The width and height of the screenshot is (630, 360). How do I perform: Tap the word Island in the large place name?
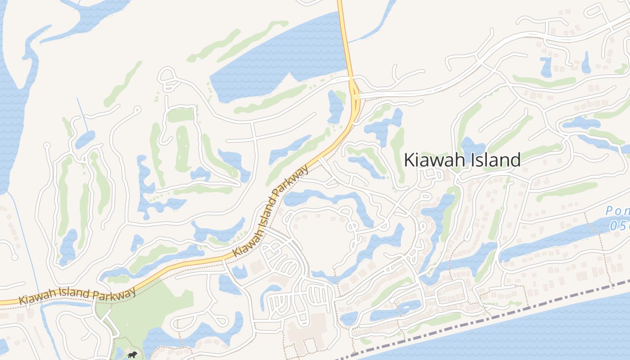click(x=495, y=160)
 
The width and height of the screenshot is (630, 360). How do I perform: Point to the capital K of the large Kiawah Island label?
click(x=409, y=160)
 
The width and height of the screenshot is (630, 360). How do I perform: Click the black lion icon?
click(x=132, y=355)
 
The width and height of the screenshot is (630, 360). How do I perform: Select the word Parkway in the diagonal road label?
click(x=292, y=182)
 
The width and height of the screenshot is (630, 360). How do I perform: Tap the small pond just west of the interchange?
click(x=335, y=106)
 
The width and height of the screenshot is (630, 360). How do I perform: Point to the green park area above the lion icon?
click(x=148, y=310)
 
